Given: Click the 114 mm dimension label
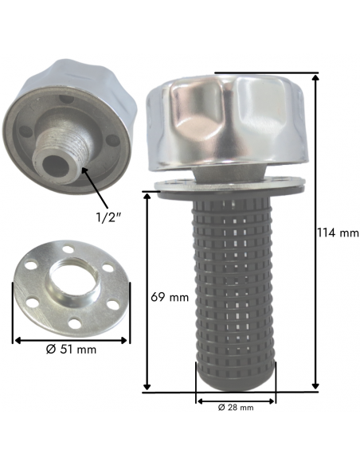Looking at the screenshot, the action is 338,233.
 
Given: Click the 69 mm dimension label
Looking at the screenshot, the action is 170,297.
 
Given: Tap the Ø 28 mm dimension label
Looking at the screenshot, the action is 236,408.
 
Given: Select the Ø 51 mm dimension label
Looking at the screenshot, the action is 71,350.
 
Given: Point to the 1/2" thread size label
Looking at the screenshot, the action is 108,217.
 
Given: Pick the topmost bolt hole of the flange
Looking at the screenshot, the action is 69,248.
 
